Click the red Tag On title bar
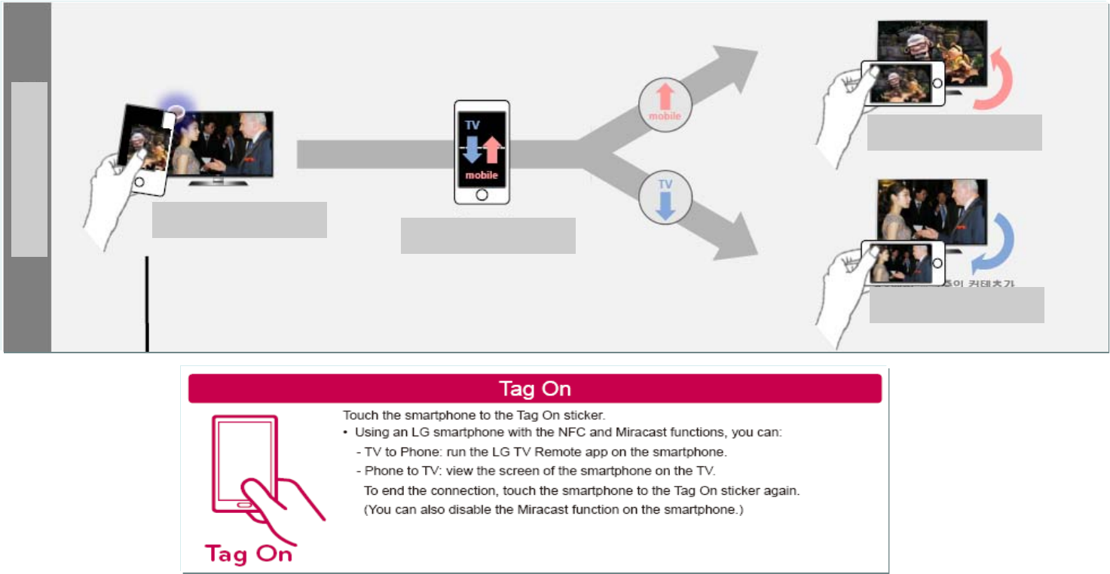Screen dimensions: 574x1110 point(534,389)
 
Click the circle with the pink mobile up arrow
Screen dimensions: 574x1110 point(665,102)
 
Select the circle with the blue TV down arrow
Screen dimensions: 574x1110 point(665,199)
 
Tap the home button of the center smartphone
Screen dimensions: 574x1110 point(482,194)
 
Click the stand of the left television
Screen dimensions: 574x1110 point(219,181)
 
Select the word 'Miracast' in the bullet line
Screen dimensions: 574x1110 point(598,432)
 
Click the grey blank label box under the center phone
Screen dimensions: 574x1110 point(488,236)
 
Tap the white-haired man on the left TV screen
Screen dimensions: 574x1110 point(252,143)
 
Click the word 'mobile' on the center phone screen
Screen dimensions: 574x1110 point(482,176)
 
